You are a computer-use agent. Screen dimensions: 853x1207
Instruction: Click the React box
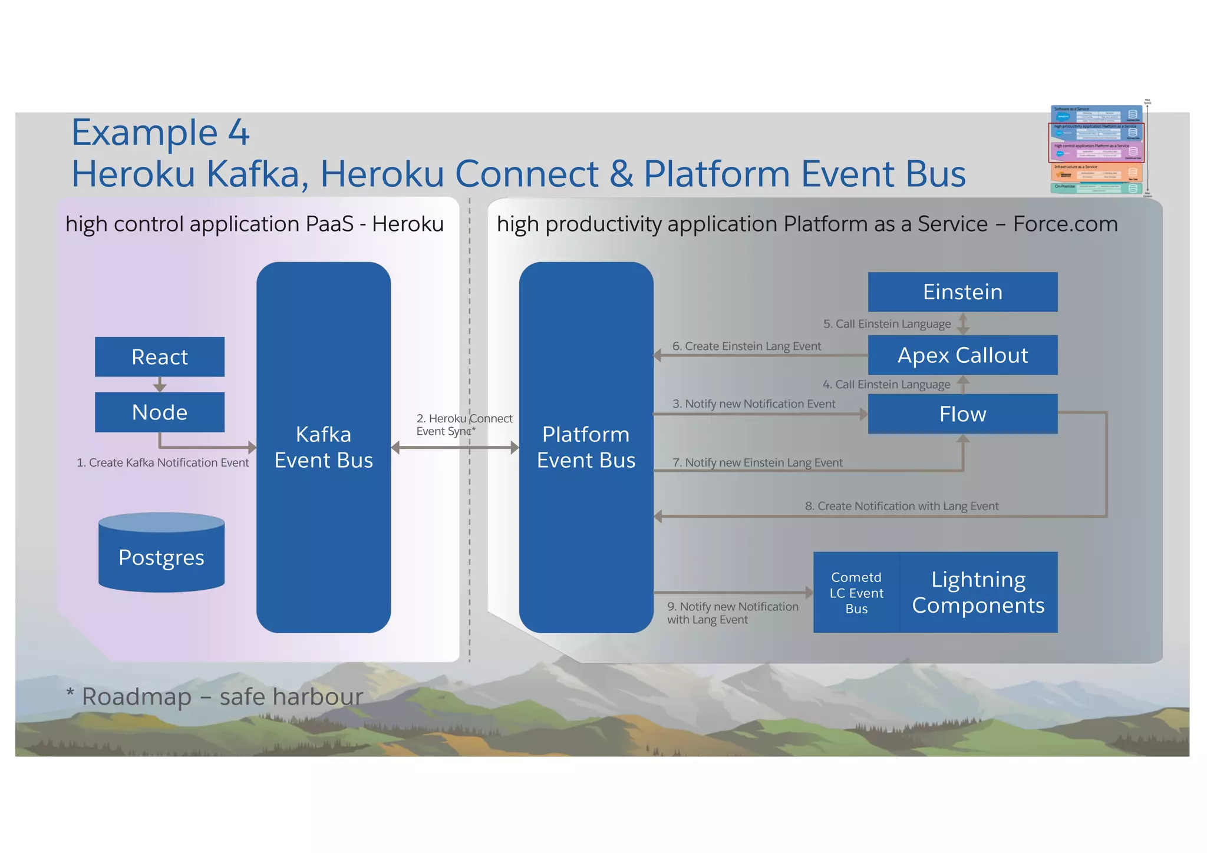160,356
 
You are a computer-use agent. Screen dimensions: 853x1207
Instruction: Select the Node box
160,412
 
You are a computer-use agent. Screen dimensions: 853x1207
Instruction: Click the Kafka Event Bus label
324,447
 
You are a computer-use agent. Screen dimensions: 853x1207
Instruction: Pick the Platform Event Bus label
586,447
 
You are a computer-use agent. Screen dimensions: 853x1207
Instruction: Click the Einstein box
962,292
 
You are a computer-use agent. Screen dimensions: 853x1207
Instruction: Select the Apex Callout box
962,355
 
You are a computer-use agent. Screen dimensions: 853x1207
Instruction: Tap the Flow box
962,414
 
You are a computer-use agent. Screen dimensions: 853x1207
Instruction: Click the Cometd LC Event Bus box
856,593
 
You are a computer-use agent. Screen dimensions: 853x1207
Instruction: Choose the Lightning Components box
978,593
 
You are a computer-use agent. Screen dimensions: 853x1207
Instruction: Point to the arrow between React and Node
160,385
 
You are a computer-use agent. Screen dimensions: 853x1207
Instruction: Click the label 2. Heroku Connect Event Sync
463,425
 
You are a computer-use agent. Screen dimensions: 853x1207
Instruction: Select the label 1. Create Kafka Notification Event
163,462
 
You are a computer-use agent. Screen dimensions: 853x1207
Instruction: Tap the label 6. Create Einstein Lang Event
746,346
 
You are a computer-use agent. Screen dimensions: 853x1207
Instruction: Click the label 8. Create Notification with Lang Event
901,506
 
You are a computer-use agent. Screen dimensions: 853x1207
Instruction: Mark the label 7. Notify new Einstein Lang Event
757,462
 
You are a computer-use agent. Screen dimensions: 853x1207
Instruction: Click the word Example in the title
145,133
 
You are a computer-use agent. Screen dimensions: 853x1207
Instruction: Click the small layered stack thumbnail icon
1097,150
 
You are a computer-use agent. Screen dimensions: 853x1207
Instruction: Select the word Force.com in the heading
1065,224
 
